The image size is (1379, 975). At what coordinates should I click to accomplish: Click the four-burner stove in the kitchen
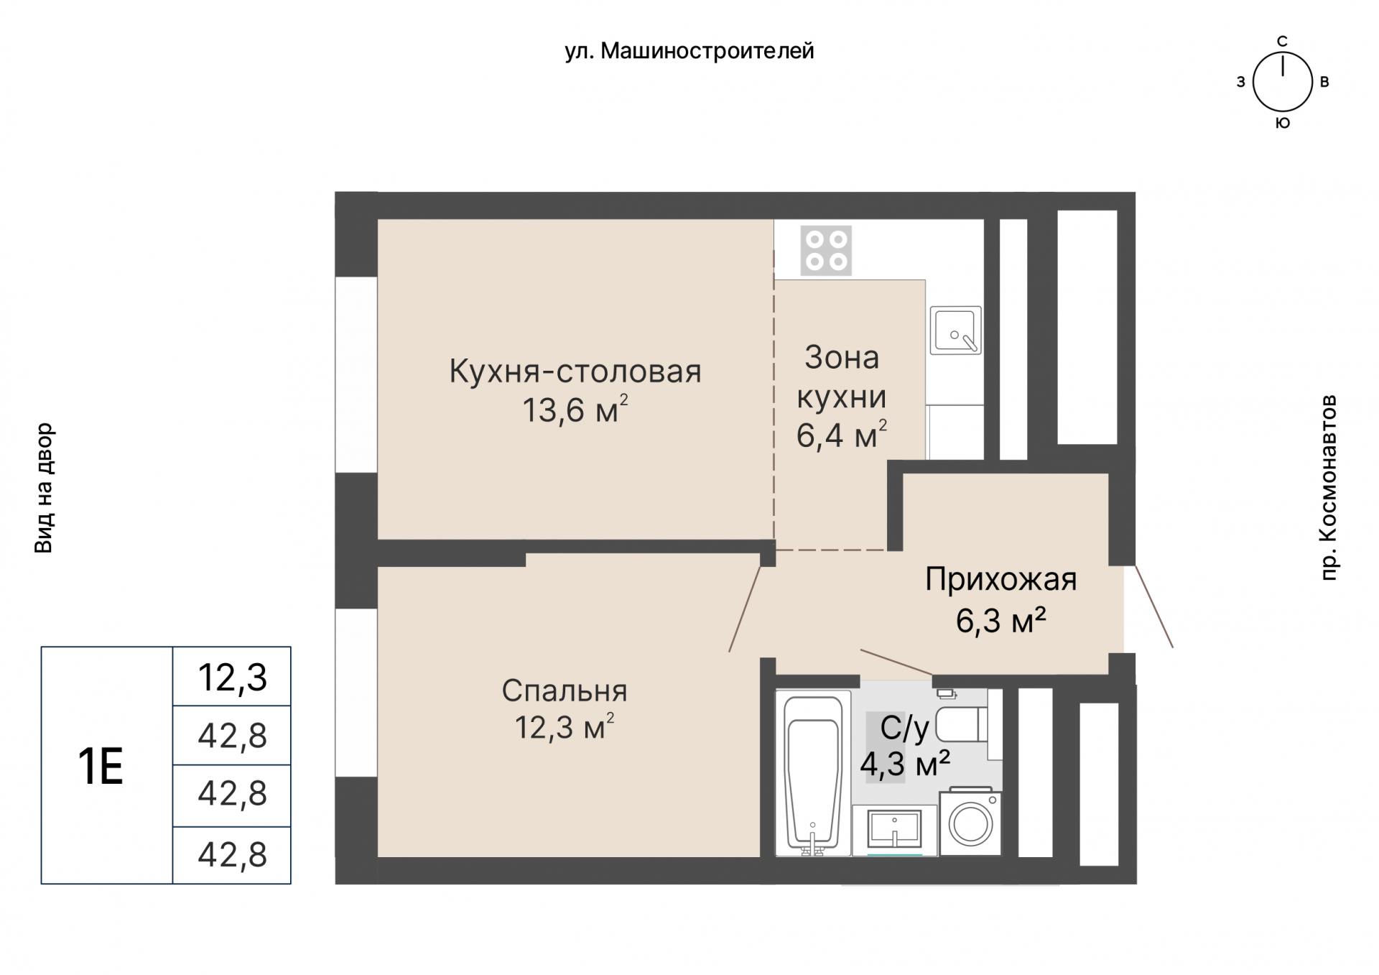click(x=826, y=251)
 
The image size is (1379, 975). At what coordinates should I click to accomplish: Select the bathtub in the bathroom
click(x=813, y=774)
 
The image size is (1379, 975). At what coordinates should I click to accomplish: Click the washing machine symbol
click(x=970, y=823)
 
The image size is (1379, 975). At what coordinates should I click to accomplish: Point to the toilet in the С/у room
click(x=962, y=724)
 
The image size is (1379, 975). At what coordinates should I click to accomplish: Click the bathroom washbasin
click(x=894, y=830)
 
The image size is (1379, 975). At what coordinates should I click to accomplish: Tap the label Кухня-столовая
click(x=575, y=371)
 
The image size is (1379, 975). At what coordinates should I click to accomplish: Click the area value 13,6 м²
click(x=575, y=410)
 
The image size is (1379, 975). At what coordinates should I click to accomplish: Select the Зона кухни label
click(x=841, y=377)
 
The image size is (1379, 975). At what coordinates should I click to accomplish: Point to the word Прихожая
click(x=1000, y=579)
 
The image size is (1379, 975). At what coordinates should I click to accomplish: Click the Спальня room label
click(x=564, y=690)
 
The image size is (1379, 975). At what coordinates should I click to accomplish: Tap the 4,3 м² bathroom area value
click(x=905, y=764)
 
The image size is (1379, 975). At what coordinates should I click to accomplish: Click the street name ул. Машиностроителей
click(x=689, y=51)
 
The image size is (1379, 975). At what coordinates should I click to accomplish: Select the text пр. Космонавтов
click(x=1329, y=487)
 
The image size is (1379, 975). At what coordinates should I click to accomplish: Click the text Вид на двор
click(x=44, y=488)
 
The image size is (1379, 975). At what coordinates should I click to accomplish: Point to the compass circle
click(x=1282, y=82)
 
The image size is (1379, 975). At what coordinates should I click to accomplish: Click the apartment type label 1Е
click(x=101, y=766)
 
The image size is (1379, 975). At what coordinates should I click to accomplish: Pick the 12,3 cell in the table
click(x=232, y=677)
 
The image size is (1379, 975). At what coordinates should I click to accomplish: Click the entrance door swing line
click(x=1153, y=606)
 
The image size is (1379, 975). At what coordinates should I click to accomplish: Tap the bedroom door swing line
click(x=745, y=609)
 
